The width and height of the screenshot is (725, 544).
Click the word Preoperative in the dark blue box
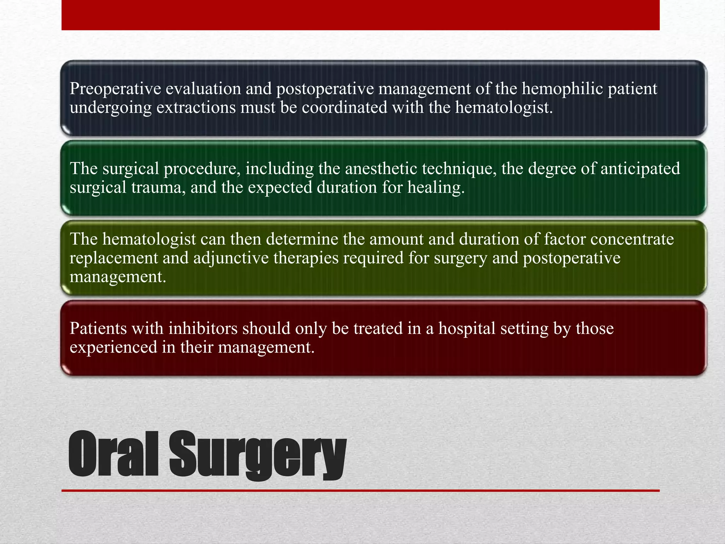[x=115, y=89]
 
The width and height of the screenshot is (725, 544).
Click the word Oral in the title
[x=113, y=454]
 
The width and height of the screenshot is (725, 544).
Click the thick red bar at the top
[x=360, y=15]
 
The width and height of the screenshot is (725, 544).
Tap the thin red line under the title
[x=360, y=491]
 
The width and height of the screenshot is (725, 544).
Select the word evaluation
[x=203, y=89]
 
